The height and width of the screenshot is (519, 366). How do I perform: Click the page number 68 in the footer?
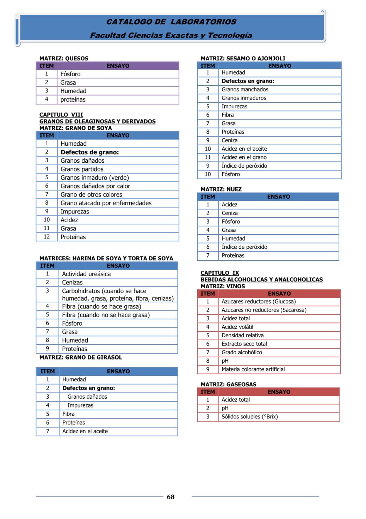coord(170,497)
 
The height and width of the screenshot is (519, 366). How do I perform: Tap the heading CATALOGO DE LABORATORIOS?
coord(171,22)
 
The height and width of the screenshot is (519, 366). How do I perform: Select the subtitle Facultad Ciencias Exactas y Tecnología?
coord(171,35)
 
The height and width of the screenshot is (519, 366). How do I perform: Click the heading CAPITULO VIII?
coord(61,115)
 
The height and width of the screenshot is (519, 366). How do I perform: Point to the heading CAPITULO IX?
coord(220,273)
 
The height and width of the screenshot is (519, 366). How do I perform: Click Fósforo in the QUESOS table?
coord(70,74)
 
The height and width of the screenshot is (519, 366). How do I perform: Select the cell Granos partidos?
coord(82,169)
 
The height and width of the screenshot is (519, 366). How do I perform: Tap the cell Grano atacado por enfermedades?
coord(106,203)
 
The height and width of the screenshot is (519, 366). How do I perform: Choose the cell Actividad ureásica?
coord(86,274)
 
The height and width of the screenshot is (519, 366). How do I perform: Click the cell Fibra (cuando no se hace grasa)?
coord(106,315)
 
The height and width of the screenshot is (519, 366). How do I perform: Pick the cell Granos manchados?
coord(245,90)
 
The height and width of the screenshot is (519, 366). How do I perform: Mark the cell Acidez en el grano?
coord(244,157)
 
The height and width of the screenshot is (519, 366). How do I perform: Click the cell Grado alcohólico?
coord(242,352)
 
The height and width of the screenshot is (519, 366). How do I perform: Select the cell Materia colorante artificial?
coord(253,369)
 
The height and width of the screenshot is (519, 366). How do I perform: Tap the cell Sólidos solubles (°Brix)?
coord(249,417)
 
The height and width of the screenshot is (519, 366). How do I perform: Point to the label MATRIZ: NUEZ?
coord(221,189)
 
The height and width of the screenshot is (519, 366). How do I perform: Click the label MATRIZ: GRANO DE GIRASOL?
coord(81,357)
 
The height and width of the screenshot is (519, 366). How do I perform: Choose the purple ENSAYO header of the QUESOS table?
coord(118,66)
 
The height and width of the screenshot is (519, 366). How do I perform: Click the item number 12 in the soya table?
coord(47,237)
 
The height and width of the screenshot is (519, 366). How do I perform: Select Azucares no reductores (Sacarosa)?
coord(264,310)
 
